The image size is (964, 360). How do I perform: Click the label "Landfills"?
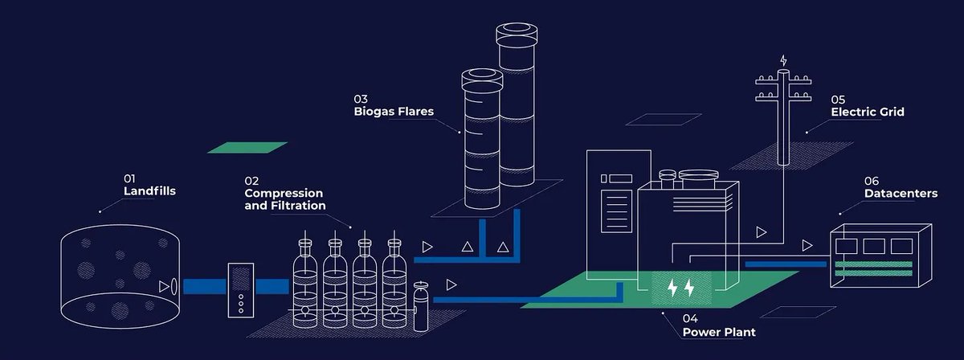149,191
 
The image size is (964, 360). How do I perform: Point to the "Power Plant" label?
718,332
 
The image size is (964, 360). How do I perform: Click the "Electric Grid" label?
868,112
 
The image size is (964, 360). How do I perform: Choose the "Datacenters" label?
901,194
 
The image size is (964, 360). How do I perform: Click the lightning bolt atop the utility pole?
784,60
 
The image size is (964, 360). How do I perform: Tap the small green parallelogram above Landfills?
247,148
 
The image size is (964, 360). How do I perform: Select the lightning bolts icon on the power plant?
680,287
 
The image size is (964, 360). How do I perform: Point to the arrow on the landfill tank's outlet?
165,285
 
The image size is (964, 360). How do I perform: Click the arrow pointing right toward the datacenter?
807,244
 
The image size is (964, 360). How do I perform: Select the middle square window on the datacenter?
875,245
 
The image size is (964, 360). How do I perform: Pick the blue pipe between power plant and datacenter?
785,264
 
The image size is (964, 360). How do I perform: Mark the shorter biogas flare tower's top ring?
481,77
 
